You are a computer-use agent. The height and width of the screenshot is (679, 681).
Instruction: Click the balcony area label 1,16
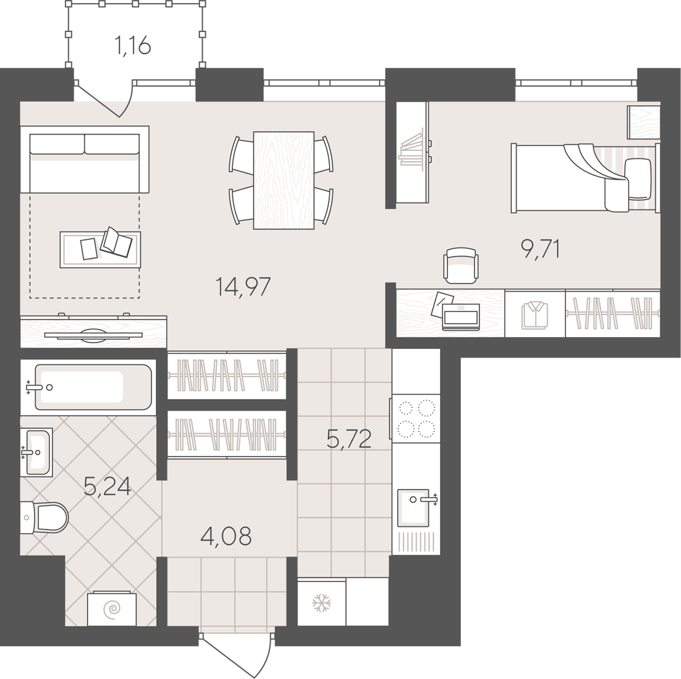pyautogui.click(x=132, y=45)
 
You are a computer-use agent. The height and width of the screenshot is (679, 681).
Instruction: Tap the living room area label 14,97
pyautogui.click(x=243, y=287)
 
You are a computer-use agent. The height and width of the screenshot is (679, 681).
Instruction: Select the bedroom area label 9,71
pyautogui.click(x=540, y=250)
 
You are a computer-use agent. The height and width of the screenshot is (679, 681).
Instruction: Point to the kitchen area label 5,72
pyautogui.click(x=349, y=439)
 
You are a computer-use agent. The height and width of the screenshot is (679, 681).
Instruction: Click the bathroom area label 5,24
pyautogui.click(x=107, y=486)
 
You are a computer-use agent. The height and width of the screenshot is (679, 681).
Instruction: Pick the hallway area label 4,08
pyautogui.click(x=226, y=536)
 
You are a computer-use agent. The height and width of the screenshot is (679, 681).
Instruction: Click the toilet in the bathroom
pyautogui.click(x=44, y=517)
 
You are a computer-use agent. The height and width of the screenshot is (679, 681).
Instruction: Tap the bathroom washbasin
pyautogui.click(x=37, y=452)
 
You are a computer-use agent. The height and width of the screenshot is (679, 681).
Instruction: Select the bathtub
pyautogui.click(x=89, y=387)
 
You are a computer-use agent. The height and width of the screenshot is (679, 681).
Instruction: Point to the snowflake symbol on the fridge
pyautogui.click(x=322, y=603)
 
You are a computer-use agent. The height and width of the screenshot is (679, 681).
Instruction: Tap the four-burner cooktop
pyautogui.click(x=416, y=419)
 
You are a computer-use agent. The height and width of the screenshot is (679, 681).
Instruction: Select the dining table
pyautogui.click(x=284, y=180)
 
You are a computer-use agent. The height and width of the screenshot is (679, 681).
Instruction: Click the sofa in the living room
pyautogui.click(x=85, y=160)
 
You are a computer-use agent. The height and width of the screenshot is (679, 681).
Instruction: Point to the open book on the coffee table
pyautogui.click(x=116, y=241)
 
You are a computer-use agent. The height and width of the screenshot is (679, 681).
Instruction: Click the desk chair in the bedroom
pyautogui.click(x=461, y=263)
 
